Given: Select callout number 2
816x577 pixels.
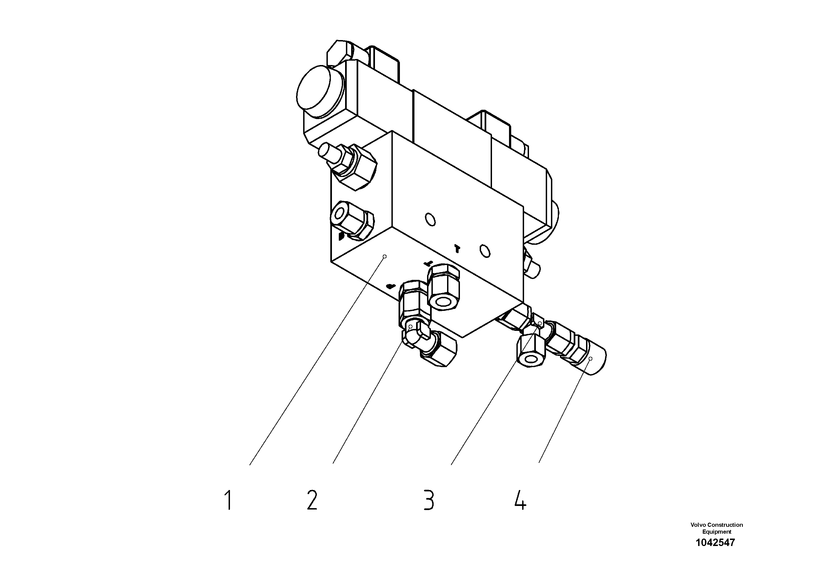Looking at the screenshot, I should pos(312,500).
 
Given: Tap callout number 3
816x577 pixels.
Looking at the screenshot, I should pos(429,500).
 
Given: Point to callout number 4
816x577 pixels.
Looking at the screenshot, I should pos(520,500).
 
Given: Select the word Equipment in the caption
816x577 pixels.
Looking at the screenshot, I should pos(717,532).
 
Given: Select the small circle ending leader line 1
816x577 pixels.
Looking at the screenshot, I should pos(385,256).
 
